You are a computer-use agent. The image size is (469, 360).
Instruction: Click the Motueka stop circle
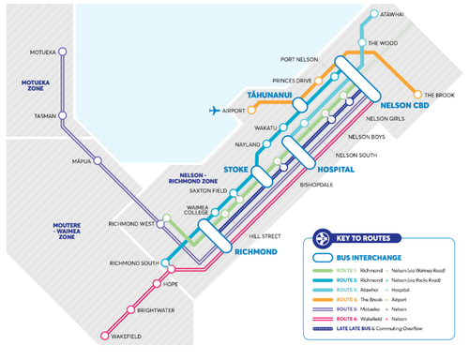pos(64,52)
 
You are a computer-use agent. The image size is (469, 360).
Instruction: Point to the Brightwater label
pos(158,308)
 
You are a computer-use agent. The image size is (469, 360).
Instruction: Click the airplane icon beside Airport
pos(216,111)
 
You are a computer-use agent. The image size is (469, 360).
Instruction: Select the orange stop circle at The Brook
pos(417,95)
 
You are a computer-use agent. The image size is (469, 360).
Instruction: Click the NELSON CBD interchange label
pos(404,105)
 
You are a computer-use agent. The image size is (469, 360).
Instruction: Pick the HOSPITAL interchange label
pos(334,170)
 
